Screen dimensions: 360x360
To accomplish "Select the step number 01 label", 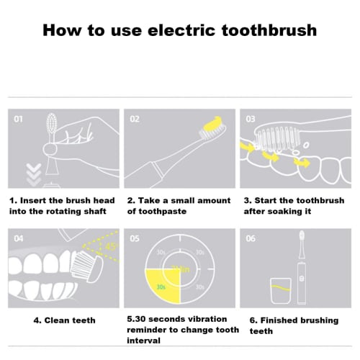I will coord(18,118).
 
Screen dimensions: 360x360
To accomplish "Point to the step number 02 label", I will coord(134,118).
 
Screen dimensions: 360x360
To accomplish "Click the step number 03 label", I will coord(251,118).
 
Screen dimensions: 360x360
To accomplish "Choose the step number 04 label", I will coord(18,238).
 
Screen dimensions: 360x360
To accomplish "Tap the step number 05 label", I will coord(134,238).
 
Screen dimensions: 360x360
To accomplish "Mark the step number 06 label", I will coord(251,238).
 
